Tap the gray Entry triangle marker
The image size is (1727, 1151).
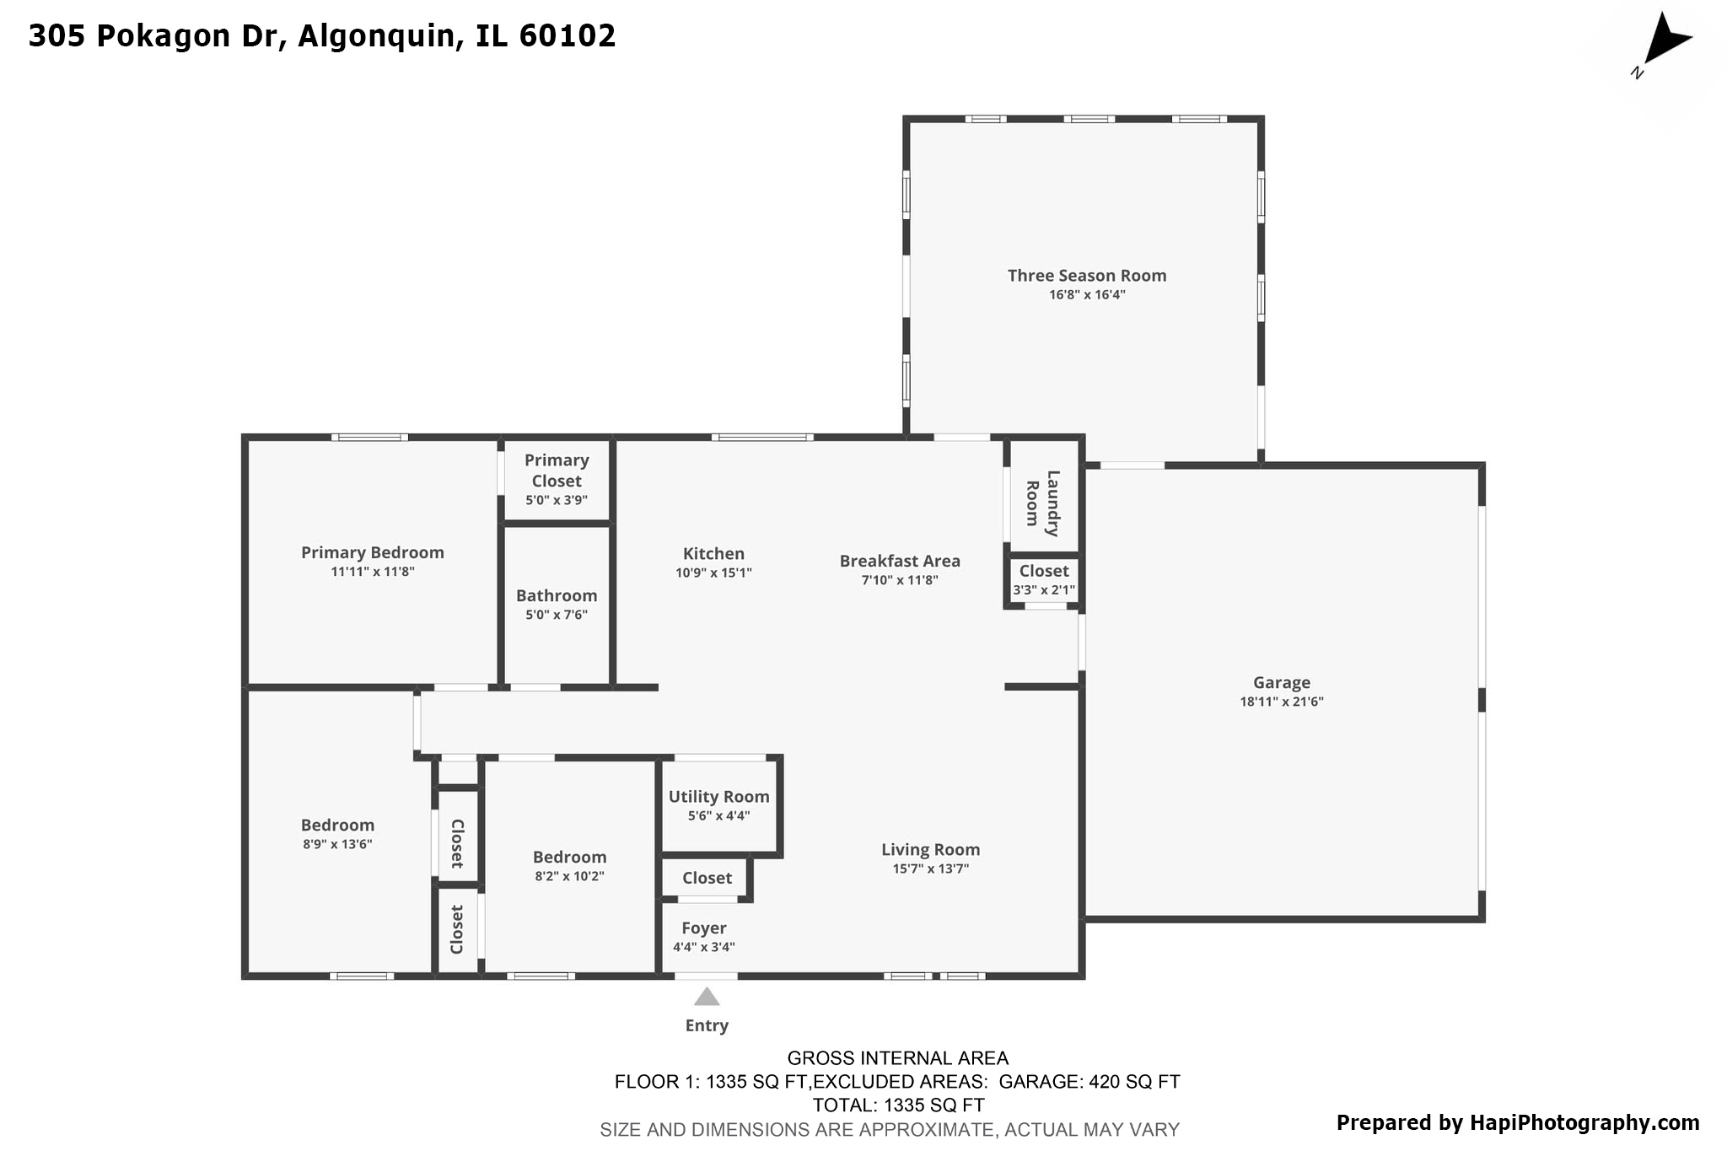707,998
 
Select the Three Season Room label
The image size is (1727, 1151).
1086,276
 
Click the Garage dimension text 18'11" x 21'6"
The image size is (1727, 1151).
1281,702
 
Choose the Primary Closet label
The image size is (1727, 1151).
557,471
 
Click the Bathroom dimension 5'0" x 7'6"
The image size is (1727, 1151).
557,615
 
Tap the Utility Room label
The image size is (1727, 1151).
718,797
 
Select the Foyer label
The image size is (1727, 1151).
704,928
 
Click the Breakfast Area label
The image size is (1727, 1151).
900,561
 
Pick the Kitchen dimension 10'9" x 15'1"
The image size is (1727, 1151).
713,573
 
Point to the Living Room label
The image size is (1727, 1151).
931,850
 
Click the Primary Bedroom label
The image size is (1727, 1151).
373,552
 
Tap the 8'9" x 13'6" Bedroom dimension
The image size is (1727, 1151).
337,844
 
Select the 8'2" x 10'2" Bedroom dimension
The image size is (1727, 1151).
569,876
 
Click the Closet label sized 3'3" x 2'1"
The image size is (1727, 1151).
1044,571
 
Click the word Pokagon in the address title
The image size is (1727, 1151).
175,35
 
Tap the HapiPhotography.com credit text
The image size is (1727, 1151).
1584,1122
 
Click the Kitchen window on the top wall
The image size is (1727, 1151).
762,438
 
